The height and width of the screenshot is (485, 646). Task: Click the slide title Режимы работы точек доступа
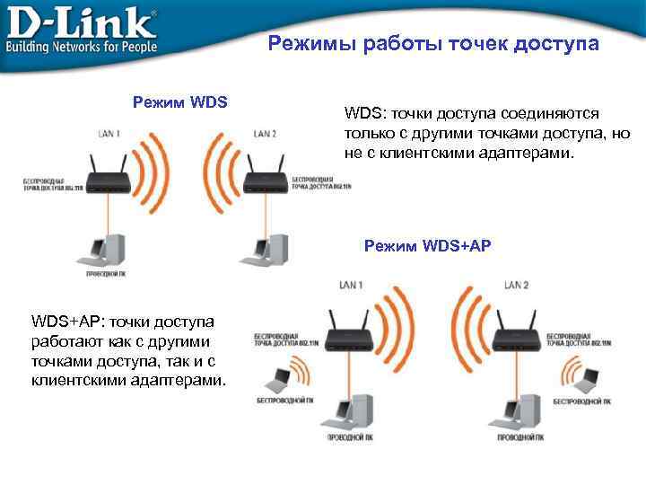coord(433,44)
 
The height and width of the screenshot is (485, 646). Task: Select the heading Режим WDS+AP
coord(428,245)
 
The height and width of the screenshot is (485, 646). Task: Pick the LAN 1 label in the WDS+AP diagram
coord(350,285)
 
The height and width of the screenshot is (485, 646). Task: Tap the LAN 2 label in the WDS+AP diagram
coord(516,285)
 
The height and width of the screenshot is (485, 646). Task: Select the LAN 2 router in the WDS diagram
coord(267,172)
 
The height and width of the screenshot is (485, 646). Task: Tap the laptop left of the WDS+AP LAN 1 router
coord(276,378)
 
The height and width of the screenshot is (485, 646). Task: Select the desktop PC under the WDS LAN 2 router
coord(270,249)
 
